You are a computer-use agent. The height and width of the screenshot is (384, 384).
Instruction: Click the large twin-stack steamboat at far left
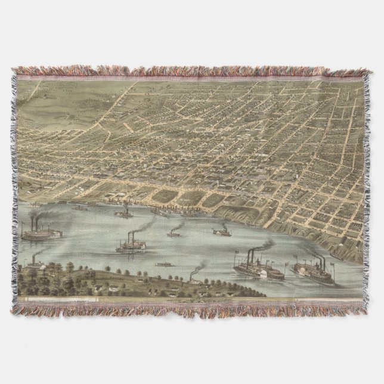point(41,234)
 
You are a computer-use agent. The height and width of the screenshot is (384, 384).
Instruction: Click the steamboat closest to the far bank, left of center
point(124,213)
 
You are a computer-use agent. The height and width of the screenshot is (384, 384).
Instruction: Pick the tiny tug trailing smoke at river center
point(174,234)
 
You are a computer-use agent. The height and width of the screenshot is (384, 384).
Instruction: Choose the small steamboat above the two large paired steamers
point(221,231)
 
